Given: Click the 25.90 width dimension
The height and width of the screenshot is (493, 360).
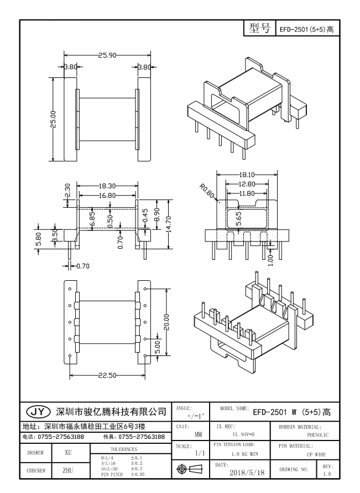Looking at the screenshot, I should tap(107, 56).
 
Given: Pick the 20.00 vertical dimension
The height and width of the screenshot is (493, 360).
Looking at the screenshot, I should tap(166, 320).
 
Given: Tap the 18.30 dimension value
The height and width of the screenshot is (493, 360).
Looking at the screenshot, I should tap(107, 187).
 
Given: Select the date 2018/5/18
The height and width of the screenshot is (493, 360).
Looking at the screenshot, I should tap(247, 474).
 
